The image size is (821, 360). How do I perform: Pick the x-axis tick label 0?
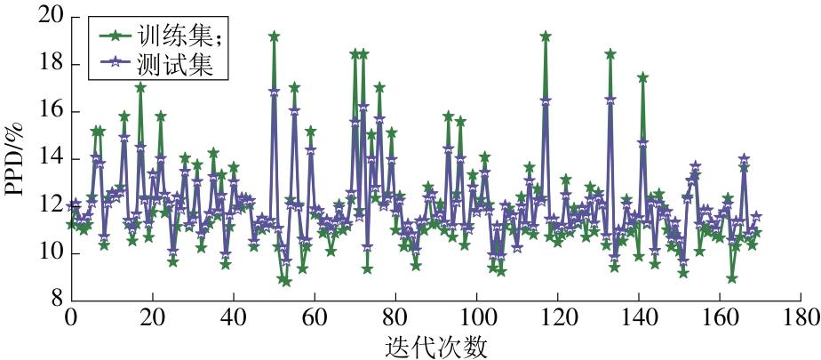coord(71,317)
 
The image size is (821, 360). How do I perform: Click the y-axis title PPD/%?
coord(17,160)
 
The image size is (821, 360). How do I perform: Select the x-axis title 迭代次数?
coord(435,344)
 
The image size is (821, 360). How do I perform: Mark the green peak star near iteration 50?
coord(274,36)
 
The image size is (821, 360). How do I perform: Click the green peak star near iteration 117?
coord(546,36)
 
